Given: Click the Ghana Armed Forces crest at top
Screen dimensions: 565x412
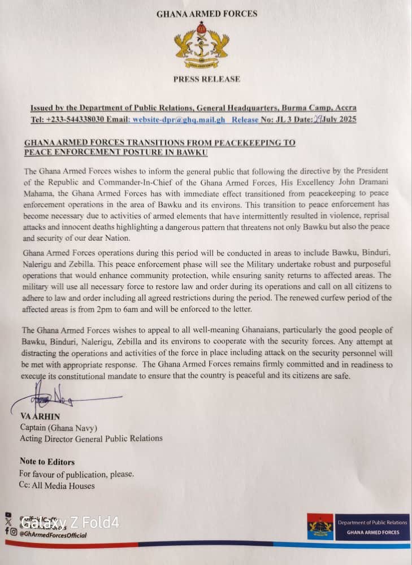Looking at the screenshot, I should [x=206, y=46].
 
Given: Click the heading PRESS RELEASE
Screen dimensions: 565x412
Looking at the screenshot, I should [x=206, y=79].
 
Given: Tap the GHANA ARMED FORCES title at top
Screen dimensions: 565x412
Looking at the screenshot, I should [x=206, y=13].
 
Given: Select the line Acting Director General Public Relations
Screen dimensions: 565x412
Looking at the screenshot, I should [x=91, y=438].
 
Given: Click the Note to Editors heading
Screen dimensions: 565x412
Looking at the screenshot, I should [x=47, y=462].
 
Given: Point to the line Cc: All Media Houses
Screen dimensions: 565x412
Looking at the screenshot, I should [x=57, y=485].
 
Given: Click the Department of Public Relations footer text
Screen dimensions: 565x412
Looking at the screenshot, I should [x=372, y=523].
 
